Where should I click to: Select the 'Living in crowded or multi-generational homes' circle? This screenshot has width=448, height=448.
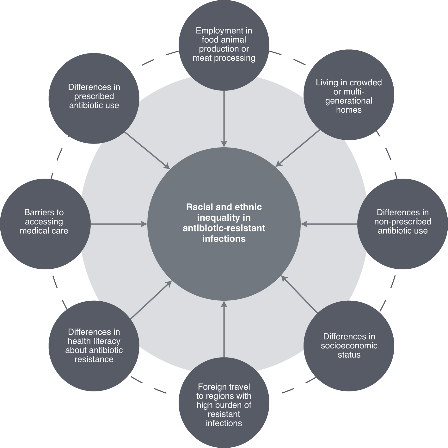[x=349, y=95]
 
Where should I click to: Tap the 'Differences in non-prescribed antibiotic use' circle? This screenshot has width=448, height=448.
[x=402, y=224]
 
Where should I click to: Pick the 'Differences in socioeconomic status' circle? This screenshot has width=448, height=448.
[x=349, y=346]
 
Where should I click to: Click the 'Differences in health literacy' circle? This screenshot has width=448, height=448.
[x=94, y=346]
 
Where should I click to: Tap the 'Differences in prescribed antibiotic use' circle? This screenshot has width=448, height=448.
[x=94, y=98]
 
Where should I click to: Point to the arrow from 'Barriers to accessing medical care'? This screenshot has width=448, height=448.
[x=119, y=224]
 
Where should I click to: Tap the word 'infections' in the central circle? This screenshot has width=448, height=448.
[x=224, y=239]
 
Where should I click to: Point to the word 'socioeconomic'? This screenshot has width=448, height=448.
[x=349, y=346]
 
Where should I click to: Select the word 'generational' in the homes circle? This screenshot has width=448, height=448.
[x=349, y=101]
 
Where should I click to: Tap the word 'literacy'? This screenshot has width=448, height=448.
[x=107, y=341]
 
